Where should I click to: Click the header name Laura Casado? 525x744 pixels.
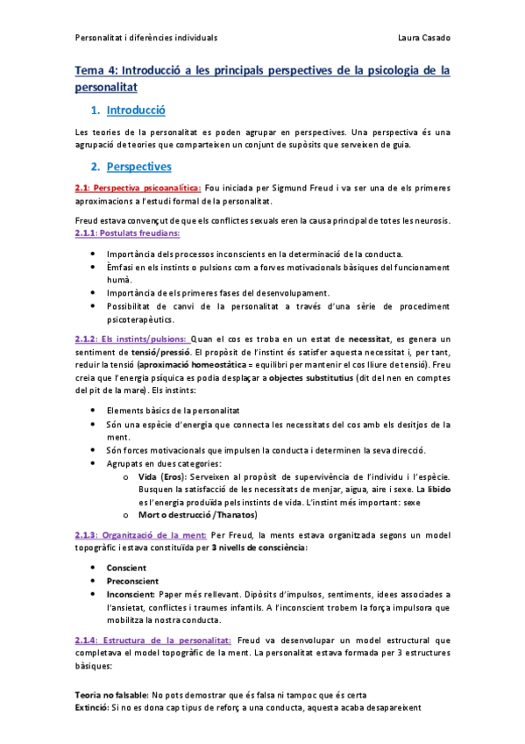(423, 38)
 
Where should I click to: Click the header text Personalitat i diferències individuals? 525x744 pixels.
(145, 38)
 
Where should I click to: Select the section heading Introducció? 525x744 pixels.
(136, 111)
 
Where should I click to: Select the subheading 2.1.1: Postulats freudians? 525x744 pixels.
(128, 233)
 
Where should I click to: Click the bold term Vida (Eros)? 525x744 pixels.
(160, 476)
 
